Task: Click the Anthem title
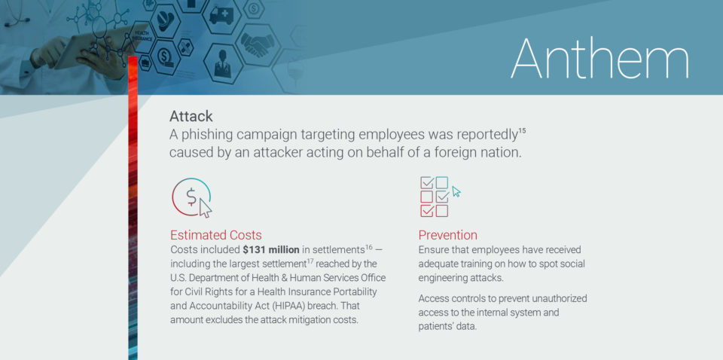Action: (x=599, y=59)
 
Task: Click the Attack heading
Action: (x=191, y=116)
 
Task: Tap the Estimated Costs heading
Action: (x=216, y=235)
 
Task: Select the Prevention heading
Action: (x=447, y=235)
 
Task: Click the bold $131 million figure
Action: (x=271, y=250)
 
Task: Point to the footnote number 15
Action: (x=522, y=131)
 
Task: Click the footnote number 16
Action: (x=368, y=249)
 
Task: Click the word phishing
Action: (x=210, y=135)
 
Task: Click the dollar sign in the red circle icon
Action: (x=191, y=197)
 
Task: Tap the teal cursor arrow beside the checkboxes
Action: (x=456, y=191)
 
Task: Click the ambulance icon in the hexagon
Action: (x=221, y=15)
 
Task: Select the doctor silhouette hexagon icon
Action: (x=223, y=63)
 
